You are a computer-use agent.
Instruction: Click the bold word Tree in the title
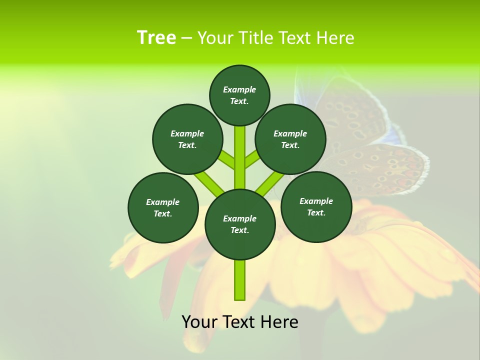pyautogui.click(x=156, y=38)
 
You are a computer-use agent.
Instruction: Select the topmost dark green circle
pyautogui.click(x=239, y=95)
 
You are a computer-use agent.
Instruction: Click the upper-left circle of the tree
pyautogui.click(x=187, y=139)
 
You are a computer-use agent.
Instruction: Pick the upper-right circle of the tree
pyautogui.click(x=290, y=139)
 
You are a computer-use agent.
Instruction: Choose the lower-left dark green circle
pyautogui.click(x=163, y=207)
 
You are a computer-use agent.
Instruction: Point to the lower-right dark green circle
pyautogui.click(x=316, y=206)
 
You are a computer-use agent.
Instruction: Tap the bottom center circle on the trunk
pyautogui.click(x=240, y=224)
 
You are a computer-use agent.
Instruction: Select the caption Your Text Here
pyautogui.click(x=240, y=322)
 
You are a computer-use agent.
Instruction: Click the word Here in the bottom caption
pyautogui.click(x=280, y=322)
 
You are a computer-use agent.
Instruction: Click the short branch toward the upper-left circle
pyautogui.click(x=226, y=160)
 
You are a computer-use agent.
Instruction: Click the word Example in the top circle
pyautogui.click(x=239, y=89)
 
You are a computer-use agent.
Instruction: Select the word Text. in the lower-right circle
pyautogui.click(x=316, y=212)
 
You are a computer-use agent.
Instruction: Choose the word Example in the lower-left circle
pyautogui.click(x=163, y=202)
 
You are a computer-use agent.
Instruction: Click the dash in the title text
pyautogui.click(x=186, y=38)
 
